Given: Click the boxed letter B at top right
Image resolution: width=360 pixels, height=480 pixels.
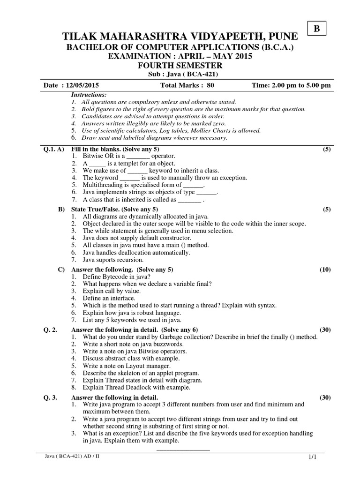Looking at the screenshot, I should pyautogui.click(x=316, y=29).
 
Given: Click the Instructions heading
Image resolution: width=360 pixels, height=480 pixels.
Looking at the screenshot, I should pyautogui.click(x=88, y=95).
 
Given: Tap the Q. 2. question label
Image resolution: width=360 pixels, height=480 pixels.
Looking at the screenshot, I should pyautogui.click(x=50, y=330).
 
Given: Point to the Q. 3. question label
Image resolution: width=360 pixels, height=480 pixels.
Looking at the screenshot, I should pyautogui.click(x=50, y=397).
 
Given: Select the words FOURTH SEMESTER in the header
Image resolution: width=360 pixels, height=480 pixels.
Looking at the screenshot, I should pyautogui.click(x=180, y=66).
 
